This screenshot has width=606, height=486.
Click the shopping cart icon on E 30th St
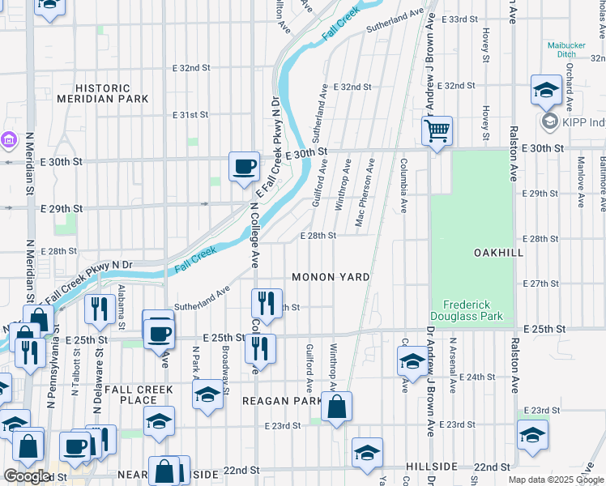(437, 130)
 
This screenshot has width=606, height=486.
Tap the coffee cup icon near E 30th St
(244, 166)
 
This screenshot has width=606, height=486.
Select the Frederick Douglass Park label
(472, 309)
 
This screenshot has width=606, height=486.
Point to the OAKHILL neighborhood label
(498, 253)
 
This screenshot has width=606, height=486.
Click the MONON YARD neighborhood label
(331, 277)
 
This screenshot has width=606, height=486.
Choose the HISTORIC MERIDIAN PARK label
(102, 93)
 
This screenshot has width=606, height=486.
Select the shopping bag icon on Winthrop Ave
(336, 406)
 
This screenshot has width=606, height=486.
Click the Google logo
(27, 475)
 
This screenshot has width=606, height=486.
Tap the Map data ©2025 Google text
(556, 480)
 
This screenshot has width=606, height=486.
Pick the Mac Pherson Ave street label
(365, 193)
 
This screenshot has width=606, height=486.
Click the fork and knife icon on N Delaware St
(97, 309)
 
